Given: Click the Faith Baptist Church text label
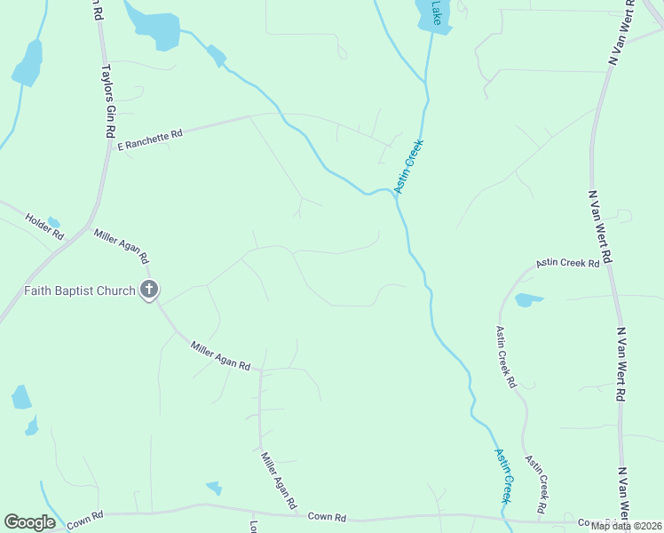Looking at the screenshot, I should (x=80, y=290).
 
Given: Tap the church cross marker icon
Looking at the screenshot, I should (x=149, y=289).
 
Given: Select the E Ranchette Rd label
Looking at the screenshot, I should (x=150, y=139).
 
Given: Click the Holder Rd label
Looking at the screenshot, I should (x=45, y=227).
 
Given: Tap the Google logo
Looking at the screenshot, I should (x=29, y=522).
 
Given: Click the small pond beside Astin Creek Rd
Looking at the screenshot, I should (x=527, y=299).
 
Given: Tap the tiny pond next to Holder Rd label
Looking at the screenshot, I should (x=54, y=222).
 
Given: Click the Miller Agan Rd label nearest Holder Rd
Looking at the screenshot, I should (x=121, y=246).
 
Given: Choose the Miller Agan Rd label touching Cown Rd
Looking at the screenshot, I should (x=279, y=483).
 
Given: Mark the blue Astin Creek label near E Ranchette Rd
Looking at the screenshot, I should (x=409, y=166).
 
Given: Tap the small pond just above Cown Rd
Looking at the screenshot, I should (x=214, y=487).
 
